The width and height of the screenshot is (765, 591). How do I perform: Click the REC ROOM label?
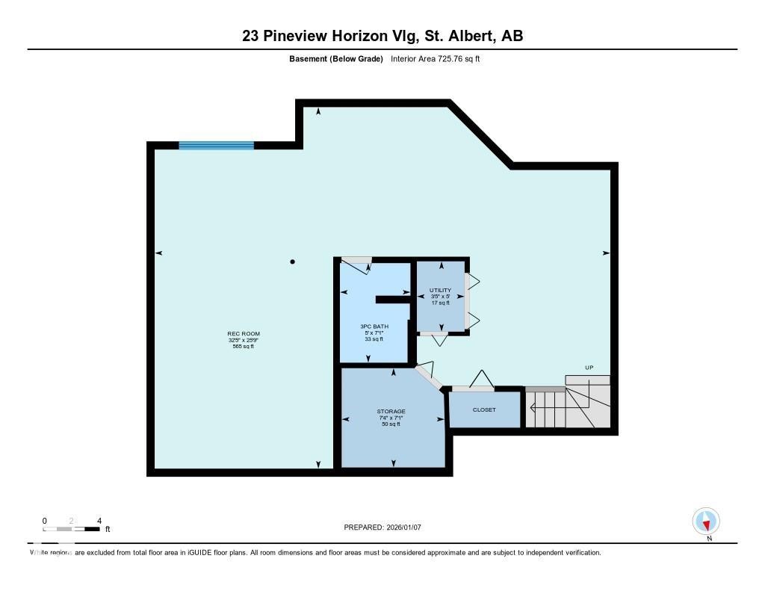pyautogui.click(x=244, y=334)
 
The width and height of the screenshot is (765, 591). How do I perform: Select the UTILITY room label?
pyautogui.click(x=440, y=290)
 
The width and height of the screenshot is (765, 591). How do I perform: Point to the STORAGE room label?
pyautogui.click(x=391, y=412)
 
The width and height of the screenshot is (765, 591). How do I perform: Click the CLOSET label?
pyautogui.click(x=484, y=410)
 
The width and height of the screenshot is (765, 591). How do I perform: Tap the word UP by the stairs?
pyautogui.click(x=589, y=368)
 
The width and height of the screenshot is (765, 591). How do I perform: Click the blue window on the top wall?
pyautogui.click(x=216, y=146)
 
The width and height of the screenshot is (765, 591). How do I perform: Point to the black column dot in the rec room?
pyautogui.click(x=293, y=262)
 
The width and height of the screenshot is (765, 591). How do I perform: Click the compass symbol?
pyautogui.click(x=705, y=520)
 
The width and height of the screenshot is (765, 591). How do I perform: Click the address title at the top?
pyautogui.click(x=382, y=36)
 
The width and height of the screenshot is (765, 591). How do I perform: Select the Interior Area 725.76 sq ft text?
pyautogui.click(x=436, y=59)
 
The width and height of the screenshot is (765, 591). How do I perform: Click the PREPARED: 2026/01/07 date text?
pyautogui.click(x=382, y=527)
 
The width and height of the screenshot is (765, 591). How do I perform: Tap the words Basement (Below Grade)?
pyautogui.click(x=336, y=59)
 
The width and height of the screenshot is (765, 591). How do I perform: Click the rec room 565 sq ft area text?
pyautogui.click(x=244, y=347)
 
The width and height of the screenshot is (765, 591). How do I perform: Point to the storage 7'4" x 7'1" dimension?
pyautogui.click(x=391, y=418)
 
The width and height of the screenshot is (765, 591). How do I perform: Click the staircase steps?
pyautogui.click(x=553, y=410)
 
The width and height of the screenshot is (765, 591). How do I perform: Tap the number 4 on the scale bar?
pyautogui.click(x=99, y=521)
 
